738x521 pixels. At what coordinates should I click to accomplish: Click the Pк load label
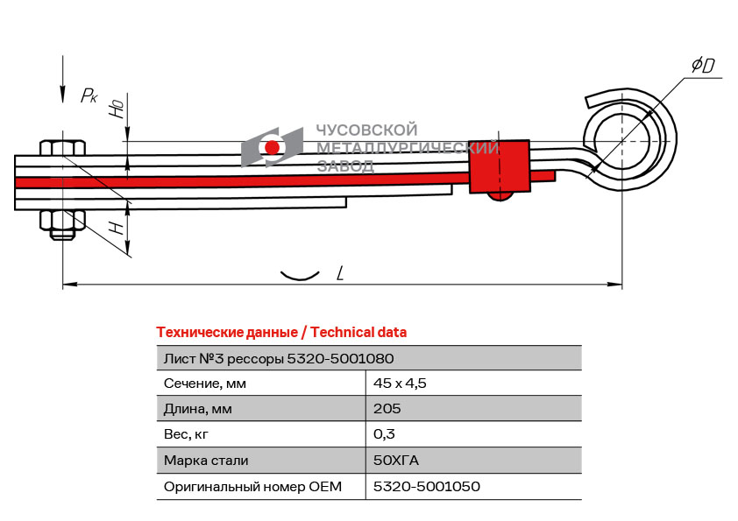(89, 96)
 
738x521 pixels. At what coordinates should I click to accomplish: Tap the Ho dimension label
(116, 109)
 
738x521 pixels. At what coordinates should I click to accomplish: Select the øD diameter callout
(702, 65)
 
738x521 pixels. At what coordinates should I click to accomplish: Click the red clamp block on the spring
(500, 166)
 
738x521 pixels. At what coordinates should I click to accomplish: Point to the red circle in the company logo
(273, 147)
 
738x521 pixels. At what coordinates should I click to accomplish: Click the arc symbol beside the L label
(298, 276)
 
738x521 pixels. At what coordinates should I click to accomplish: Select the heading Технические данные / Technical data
(281, 333)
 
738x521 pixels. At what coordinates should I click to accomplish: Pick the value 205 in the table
(387, 409)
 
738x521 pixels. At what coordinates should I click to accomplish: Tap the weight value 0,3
(384, 434)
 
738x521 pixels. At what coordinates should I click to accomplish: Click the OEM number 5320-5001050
(427, 486)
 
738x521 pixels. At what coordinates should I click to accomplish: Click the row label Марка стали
(206, 460)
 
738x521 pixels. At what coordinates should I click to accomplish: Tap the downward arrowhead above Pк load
(62, 93)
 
